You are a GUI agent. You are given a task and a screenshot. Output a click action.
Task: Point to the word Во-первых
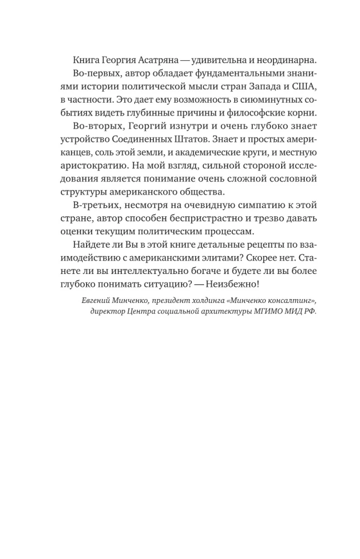point(94,75)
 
